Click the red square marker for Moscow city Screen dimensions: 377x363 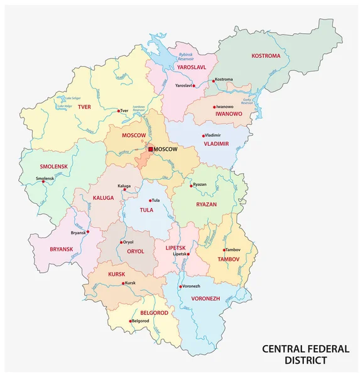[151, 149]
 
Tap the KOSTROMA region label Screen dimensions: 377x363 [266, 55]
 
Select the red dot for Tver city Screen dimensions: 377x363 [118, 111]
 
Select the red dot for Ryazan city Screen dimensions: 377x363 [192, 185]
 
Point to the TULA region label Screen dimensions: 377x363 [146, 210]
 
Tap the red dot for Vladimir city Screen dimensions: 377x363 [203, 136]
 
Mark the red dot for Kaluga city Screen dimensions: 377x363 [124, 190]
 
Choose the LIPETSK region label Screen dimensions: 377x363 [176, 248]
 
